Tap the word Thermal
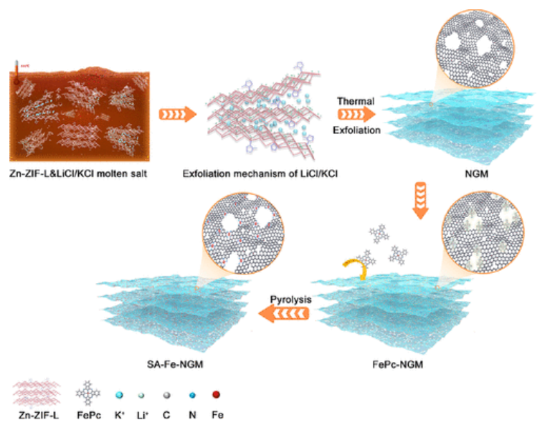point(356,102)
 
